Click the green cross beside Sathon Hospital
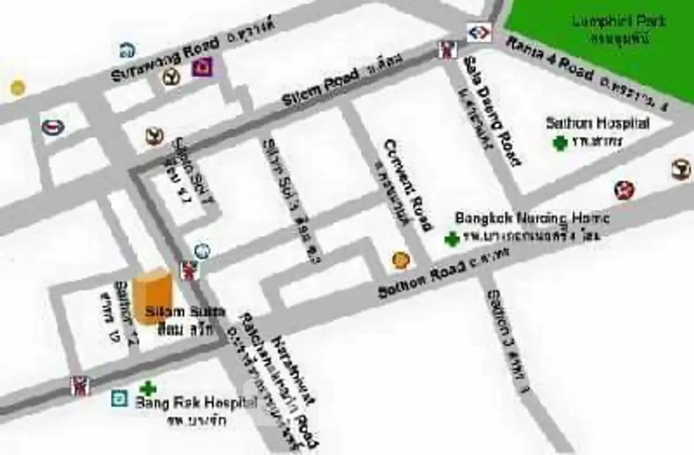tap(559, 143)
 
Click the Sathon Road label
tap(422, 280)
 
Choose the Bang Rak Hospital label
tap(195, 403)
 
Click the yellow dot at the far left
tap(17, 87)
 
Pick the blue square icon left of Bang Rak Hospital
tap(120, 398)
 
